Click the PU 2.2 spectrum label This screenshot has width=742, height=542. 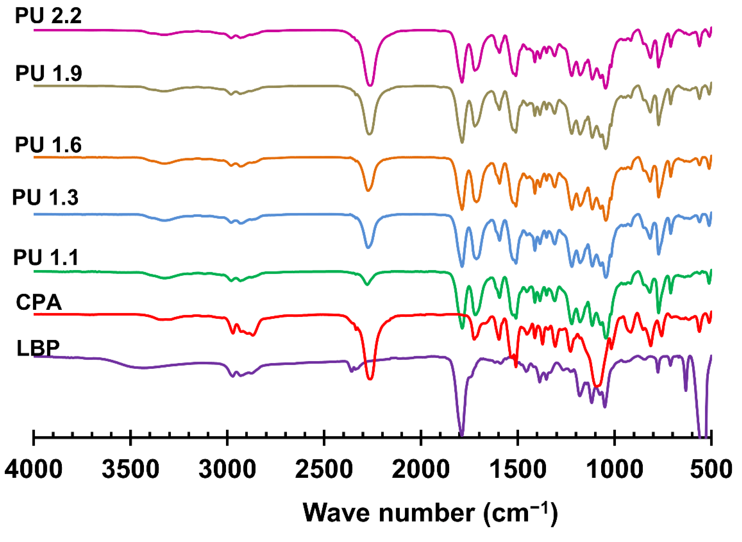[x=48, y=16]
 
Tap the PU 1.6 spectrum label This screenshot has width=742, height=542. [x=48, y=144]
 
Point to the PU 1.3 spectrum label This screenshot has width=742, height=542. [x=45, y=197]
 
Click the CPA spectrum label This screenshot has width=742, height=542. [x=39, y=302]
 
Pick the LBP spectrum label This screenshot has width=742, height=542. [x=38, y=348]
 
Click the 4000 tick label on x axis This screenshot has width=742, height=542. [x=33, y=469]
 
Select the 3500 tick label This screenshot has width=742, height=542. [x=130, y=469]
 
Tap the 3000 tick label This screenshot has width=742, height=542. [x=227, y=469]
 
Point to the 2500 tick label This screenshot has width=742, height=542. [x=324, y=469]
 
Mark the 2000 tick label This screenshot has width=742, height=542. [x=421, y=469]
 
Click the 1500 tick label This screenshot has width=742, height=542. [x=517, y=469]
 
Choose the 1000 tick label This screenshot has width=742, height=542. [x=614, y=469]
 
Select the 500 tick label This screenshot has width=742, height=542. [x=711, y=469]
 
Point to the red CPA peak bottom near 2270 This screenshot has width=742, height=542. [x=370, y=379]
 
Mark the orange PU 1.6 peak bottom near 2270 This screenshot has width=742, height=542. [x=368, y=191]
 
